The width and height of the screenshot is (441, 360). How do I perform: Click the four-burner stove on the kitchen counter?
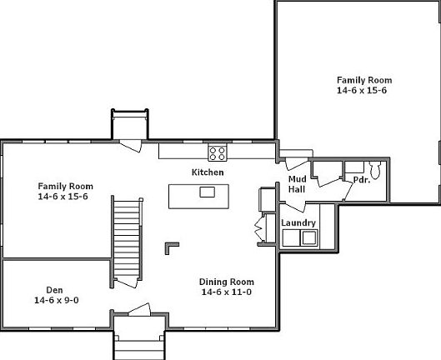pos(218,152)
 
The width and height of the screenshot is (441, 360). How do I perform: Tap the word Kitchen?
pos(208,172)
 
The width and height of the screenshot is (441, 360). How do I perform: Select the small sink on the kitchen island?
pos(207,192)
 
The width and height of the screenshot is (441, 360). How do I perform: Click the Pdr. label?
pos(361,180)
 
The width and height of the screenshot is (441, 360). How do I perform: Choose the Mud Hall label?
pos(297,184)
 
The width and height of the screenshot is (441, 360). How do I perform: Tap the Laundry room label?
pos(298,222)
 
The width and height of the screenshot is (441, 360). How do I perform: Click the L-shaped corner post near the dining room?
pos(171,247)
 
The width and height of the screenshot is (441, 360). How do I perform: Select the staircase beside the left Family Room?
pos(127,237)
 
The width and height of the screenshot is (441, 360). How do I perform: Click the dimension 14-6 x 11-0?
pos(227,292)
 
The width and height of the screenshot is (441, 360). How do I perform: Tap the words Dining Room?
pos(227,282)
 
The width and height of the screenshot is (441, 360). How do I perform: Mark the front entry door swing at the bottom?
pos(138,310)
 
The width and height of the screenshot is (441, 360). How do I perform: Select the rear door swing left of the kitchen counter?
pos(130,147)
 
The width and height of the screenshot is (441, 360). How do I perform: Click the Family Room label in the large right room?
pos(363,80)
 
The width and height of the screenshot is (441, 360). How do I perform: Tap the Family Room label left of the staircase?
pos(65,186)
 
